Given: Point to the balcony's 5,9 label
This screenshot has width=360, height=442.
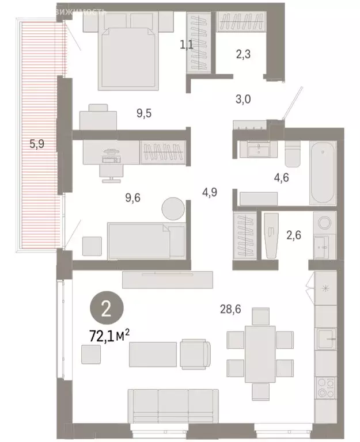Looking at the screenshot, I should click(x=37, y=144).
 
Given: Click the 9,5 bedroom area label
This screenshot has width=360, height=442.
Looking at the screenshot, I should click(x=145, y=113).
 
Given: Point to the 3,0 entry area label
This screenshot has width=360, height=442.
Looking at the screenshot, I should click(x=241, y=99).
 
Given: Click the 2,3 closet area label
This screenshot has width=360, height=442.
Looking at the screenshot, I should click(x=244, y=55).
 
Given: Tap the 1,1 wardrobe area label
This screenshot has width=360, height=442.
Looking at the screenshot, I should click(x=187, y=44).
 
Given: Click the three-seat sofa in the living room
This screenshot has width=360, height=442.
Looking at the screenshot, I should click(x=173, y=407).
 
